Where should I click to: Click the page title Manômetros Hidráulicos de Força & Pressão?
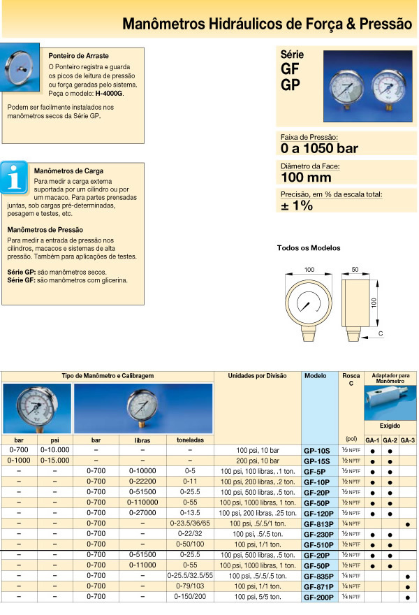click(x=267, y=24)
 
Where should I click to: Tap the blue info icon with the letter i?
click(x=14, y=177)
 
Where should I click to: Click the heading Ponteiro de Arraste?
click(x=78, y=55)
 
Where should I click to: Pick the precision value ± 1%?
click(x=297, y=205)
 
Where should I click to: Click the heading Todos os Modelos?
click(x=308, y=248)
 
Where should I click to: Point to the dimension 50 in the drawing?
click(x=355, y=269)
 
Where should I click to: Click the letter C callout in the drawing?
click(x=380, y=334)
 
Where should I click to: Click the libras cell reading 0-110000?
click(x=142, y=502)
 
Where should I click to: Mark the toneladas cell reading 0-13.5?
click(x=190, y=512)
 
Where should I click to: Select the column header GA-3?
click(x=407, y=440)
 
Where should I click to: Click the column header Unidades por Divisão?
click(x=257, y=376)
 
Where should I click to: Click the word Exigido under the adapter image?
click(x=390, y=425)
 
